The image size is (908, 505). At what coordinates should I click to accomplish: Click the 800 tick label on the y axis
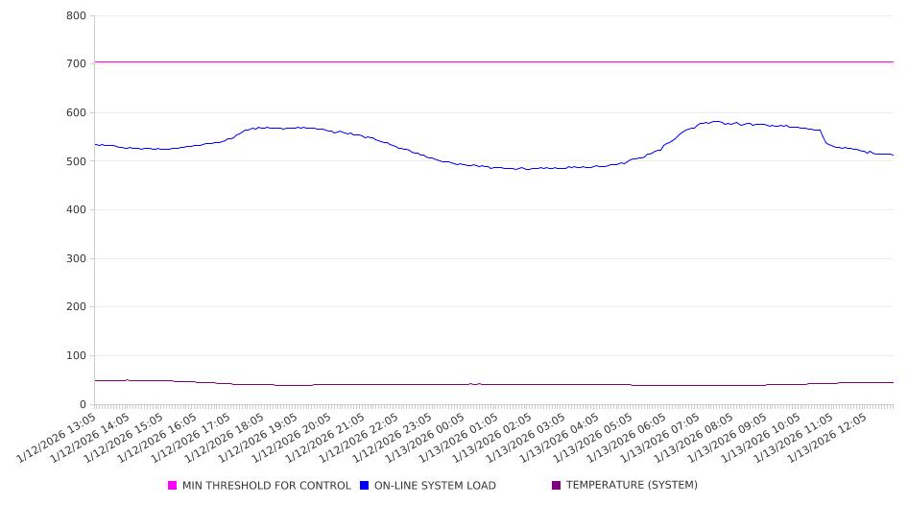(x=76, y=16)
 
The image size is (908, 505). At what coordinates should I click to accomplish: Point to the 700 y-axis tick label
(x=76, y=64)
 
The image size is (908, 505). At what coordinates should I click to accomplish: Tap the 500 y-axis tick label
(x=76, y=161)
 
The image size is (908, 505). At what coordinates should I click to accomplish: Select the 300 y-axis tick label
(x=76, y=259)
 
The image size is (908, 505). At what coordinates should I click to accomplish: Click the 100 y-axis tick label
(x=76, y=356)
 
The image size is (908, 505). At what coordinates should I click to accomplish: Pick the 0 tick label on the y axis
(x=83, y=405)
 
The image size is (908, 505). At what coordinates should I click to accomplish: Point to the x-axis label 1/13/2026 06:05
(x=631, y=437)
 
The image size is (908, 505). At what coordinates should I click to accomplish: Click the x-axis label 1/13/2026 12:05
(x=832, y=437)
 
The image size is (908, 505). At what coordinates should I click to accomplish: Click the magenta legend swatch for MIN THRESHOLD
(x=173, y=486)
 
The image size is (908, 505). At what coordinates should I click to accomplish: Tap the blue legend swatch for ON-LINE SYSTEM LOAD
(x=365, y=486)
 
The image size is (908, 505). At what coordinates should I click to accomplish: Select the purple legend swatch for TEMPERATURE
(x=557, y=486)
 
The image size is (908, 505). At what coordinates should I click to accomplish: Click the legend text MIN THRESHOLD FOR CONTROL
(x=267, y=486)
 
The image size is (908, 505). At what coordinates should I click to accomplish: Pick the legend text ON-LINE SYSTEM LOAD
(x=435, y=486)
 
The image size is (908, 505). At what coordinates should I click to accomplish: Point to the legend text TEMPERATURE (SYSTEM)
(x=632, y=486)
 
